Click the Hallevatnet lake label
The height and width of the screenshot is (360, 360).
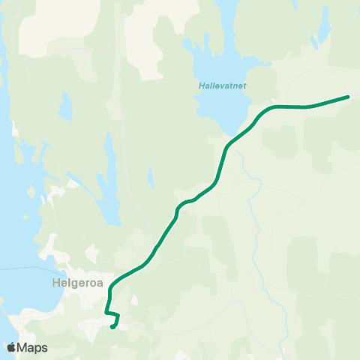pos(223,85)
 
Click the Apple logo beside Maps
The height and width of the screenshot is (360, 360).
pos(11,347)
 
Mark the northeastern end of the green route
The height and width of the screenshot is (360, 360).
pos(348,97)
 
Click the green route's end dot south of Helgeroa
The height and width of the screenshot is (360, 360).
pos(112,326)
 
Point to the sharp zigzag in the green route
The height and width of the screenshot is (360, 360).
pos(112,313)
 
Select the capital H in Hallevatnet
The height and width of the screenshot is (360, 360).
pos(201,85)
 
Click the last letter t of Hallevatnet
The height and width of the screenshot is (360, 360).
pos(245,85)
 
